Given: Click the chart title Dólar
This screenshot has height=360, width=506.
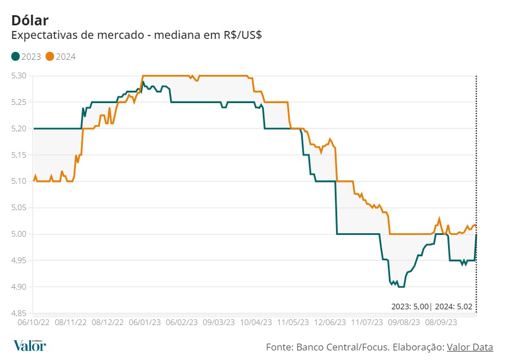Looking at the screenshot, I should pos(30,20).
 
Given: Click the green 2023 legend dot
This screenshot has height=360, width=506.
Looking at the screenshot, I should pos(15,56).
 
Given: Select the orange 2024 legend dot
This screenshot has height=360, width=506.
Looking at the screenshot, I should pos(50,56).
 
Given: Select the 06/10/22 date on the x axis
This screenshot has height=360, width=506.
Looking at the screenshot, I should pos(34,323).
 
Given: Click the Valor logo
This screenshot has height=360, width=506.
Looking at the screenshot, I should pos(29,345).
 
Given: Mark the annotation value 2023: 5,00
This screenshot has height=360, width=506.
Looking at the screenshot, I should pos(410,307).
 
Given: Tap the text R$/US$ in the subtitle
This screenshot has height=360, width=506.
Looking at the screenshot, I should pos(241,35).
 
